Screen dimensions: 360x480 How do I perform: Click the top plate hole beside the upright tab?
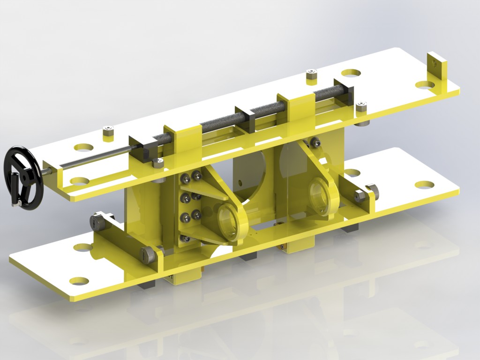(x=426, y=85)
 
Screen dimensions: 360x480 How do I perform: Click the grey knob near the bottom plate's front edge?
(x=149, y=255)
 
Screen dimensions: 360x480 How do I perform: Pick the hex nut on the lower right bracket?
(x=360, y=195)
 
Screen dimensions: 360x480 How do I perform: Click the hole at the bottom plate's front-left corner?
(x=79, y=281)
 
